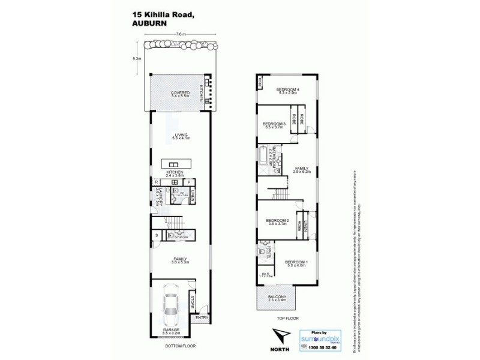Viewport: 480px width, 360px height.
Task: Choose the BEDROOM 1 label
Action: (296, 262)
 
